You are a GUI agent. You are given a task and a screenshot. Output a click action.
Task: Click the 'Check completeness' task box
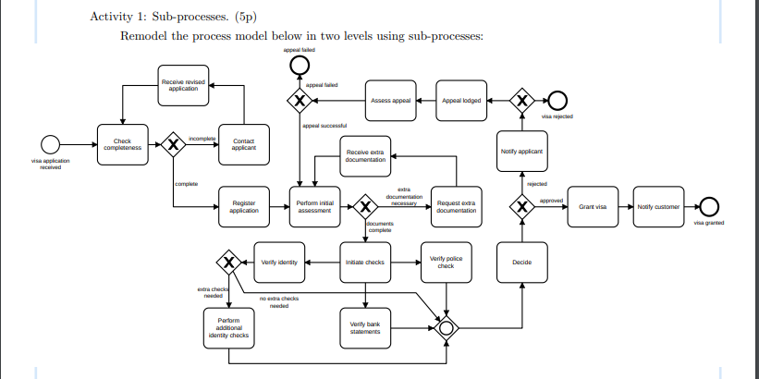pos(122,145)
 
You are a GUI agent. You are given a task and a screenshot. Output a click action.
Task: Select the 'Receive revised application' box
pos(183,85)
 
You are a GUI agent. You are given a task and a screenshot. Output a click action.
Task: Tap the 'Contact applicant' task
pos(244,145)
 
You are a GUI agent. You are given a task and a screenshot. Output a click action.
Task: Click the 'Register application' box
pos(244,206)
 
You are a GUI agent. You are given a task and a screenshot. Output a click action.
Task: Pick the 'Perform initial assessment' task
pos(314,206)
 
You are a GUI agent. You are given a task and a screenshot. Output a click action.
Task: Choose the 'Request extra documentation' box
pos(457,206)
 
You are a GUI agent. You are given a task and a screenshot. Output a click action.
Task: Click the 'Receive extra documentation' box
pos(365,154)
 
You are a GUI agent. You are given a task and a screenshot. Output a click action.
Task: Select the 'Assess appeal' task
pos(390,101)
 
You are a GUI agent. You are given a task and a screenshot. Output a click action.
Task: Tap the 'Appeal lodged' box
pos(461,101)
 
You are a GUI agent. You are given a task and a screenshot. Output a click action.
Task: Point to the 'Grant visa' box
pos(592,206)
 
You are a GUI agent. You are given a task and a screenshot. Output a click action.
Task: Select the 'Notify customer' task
pos(657,206)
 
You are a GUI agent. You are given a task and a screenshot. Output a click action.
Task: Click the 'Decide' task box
pos(522,262)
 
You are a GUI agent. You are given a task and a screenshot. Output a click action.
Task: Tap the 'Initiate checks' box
pos(365,262)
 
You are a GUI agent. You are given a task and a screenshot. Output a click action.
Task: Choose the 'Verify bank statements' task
pos(365,326)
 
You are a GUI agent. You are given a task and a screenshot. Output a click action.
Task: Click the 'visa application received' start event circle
pos(50,144)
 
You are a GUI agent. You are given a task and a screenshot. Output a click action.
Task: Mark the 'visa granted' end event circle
pos(709,206)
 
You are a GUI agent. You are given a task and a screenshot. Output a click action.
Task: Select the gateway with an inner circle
pos(448,326)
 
